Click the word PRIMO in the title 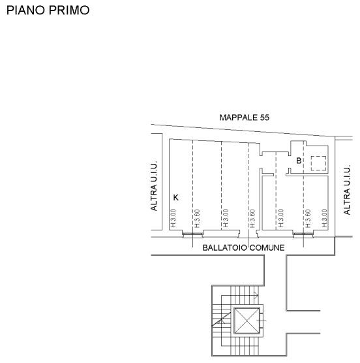[x=69, y=10]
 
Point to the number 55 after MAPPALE [x=265, y=118]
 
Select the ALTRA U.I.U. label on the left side [x=154, y=185]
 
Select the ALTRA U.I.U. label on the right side [x=346, y=189]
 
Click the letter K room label [x=176, y=198]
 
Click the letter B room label [x=299, y=161]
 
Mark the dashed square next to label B [x=318, y=163]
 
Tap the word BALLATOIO [x=225, y=248]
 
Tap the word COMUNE [x=267, y=248]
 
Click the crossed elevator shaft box [x=247, y=321]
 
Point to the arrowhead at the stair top [x=256, y=295]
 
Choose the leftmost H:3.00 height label [x=173, y=218]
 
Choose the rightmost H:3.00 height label [x=324, y=218]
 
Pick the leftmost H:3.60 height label [x=197, y=219]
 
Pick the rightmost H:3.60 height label [x=308, y=219]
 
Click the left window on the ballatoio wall [x=193, y=234]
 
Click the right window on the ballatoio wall [x=303, y=234]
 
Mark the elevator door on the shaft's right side [x=262, y=321]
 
